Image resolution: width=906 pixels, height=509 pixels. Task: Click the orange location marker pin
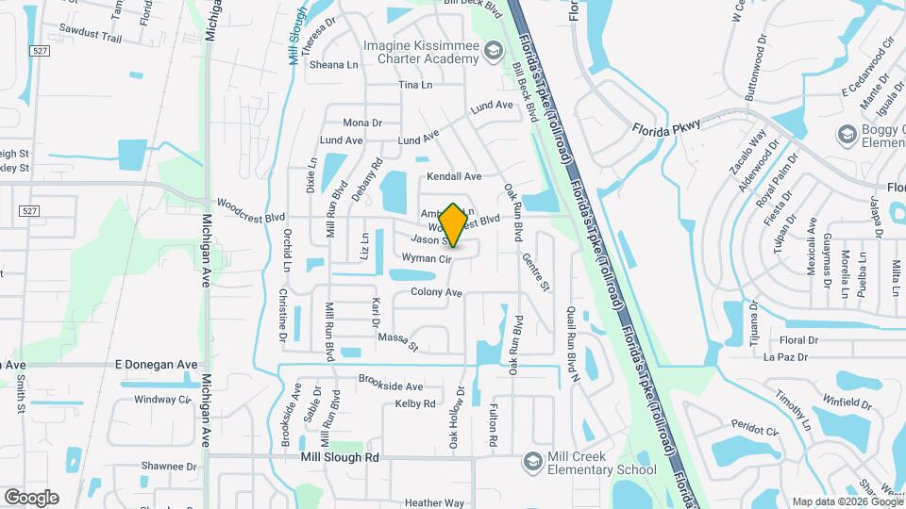pyautogui.click(x=453, y=225)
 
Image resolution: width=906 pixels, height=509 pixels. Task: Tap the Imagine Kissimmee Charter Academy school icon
pyautogui.click(x=493, y=51)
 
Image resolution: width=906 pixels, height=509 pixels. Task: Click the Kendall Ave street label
pyautogui.click(x=454, y=176)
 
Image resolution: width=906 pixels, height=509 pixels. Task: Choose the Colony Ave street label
pyautogui.click(x=436, y=292)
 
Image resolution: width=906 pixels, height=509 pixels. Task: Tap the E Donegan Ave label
pyautogui.click(x=157, y=364)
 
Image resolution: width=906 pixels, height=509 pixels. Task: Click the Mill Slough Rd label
pyautogui.click(x=339, y=457)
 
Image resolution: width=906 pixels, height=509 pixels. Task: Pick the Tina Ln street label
pyautogui.click(x=414, y=85)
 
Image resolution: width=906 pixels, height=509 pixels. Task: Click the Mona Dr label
pyautogui.click(x=362, y=123)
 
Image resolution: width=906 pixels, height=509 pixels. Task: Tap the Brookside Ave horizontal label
pyautogui.click(x=391, y=386)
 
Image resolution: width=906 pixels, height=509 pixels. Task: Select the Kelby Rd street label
pyautogui.click(x=415, y=403)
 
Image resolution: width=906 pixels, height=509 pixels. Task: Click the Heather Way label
pyautogui.click(x=434, y=503)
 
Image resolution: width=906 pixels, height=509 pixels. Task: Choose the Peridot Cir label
pyautogui.click(x=758, y=431)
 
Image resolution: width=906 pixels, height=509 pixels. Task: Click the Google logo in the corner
pyautogui.click(x=31, y=497)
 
